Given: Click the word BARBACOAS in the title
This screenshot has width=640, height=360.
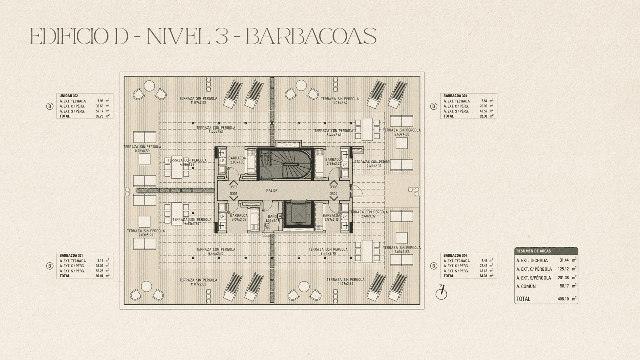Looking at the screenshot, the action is (x=310, y=37).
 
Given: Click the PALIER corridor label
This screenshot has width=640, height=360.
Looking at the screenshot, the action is (x=272, y=190).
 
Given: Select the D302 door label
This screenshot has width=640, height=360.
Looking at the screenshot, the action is (x=233, y=187).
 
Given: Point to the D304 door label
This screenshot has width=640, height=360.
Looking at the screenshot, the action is (x=334, y=194).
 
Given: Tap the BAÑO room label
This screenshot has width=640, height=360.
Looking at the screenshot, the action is (x=272, y=216).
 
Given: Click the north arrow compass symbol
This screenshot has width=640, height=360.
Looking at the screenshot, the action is (x=441, y=293).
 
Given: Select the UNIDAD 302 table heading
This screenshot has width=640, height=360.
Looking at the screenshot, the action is (x=68, y=96).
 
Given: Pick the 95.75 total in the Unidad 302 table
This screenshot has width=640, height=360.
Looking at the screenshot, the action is (x=100, y=116).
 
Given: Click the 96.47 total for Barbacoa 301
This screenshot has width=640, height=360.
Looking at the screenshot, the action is (x=100, y=276).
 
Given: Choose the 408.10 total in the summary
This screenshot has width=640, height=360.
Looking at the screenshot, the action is (x=563, y=299).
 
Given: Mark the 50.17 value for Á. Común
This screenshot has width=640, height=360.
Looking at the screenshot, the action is (x=564, y=286).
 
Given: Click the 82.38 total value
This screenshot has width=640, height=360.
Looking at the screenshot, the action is (x=484, y=116).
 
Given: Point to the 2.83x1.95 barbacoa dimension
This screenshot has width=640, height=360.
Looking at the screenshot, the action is (x=237, y=162).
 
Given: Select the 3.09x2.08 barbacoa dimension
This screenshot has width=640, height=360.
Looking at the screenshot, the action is (x=239, y=220).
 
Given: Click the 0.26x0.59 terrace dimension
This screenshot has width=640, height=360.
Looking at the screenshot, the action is (x=142, y=151).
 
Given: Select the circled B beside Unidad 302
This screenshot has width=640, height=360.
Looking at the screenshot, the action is (x=50, y=106).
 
